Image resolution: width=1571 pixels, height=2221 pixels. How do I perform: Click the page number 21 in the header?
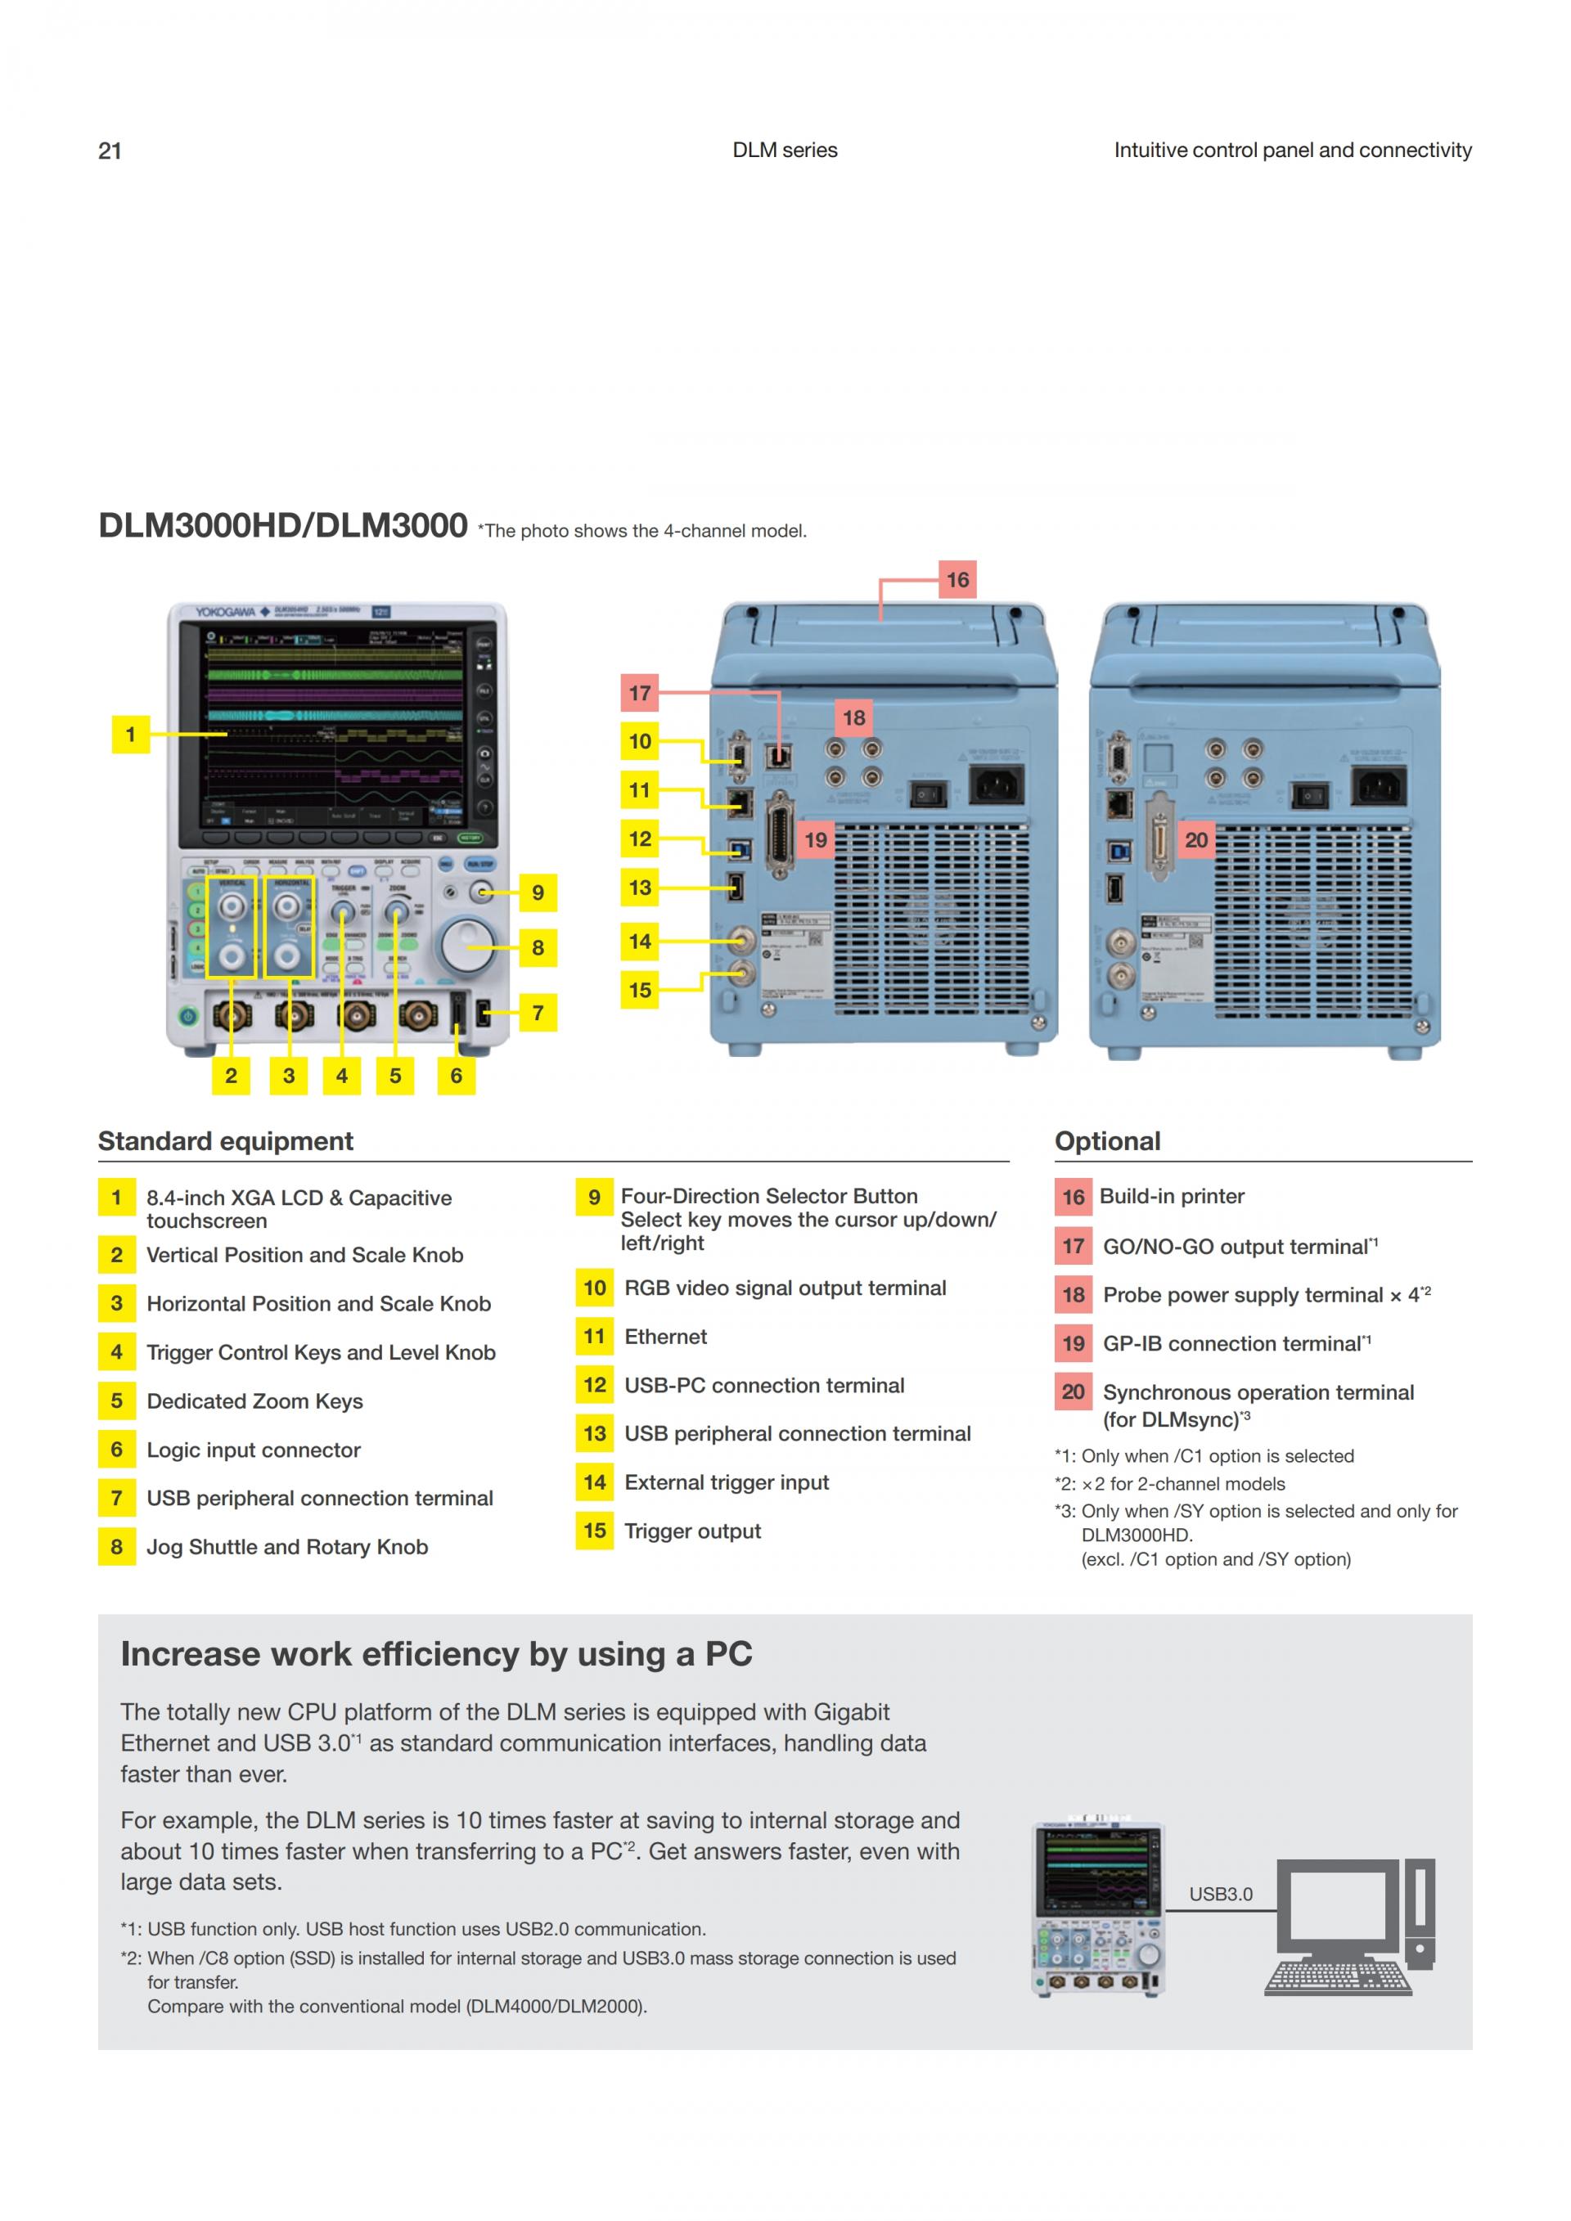(110, 151)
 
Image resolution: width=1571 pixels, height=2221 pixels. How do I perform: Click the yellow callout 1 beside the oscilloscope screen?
(131, 735)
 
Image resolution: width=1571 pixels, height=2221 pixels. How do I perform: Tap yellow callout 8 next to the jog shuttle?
(538, 948)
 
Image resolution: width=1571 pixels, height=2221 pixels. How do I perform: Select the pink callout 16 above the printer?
(957, 579)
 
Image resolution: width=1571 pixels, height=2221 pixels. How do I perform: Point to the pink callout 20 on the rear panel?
(1195, 839)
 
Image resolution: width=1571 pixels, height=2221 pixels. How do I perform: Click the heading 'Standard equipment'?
(225, 1141)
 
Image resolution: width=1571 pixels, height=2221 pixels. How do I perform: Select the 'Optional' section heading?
(1107, 1141)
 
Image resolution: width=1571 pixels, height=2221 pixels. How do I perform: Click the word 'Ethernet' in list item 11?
(665, 1337)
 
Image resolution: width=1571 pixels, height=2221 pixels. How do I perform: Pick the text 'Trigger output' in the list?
(693, 1531)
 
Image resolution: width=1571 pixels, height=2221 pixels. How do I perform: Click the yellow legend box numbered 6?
(117, 1449)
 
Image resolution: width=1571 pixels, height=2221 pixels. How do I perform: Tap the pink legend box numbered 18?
(1073, 1294)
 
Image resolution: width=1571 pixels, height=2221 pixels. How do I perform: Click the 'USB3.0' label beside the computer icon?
(1220, 1894)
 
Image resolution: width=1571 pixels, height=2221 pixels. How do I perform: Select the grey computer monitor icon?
(1337, 1906)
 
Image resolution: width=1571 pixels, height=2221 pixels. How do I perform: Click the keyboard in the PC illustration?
(1337, 1977)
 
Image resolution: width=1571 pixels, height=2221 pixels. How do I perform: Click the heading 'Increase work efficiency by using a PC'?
(436, 1654)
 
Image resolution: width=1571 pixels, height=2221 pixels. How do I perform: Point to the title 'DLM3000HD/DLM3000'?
(282, 525)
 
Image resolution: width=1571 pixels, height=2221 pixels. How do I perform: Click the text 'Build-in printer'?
(1172, 1197)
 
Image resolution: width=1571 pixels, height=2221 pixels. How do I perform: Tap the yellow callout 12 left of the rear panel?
(639, 838)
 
